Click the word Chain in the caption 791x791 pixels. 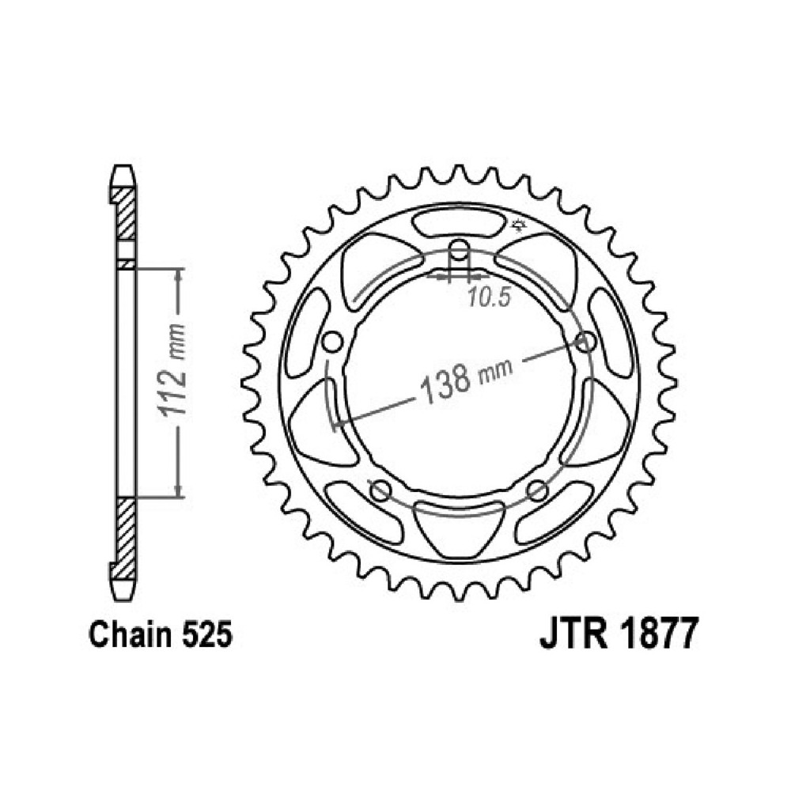pyautogui.click(x=131, y=634)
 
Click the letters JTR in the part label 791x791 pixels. pyautogui.click(x=574, y=634)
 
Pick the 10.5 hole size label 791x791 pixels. pyautogui.click(x=488, y=297)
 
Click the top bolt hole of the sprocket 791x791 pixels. pyautogui.click(x=459, y=248)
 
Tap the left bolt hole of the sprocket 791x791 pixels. pyautogui.click(x=331, y=342)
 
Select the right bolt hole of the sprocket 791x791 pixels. pyautogui.click(x=586, y=342)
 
